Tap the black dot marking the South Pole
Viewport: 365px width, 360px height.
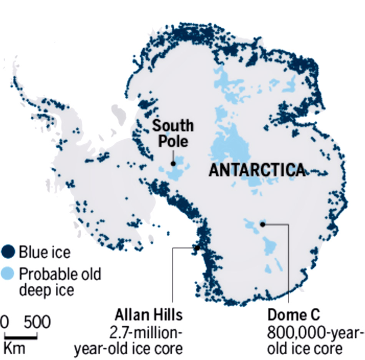(x=173, y=163)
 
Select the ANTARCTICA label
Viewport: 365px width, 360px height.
(x=257, y=170)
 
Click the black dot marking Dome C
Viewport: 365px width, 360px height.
(x=263, y=224)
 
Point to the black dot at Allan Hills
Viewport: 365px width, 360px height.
(x=197, y=248)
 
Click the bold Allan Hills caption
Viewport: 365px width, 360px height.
(x=148, y=315)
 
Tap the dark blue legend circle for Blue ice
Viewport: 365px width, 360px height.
(x=8, y=252)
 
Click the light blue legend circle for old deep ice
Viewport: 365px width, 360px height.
(x=8, y=274)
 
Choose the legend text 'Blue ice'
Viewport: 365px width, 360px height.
(x=45, y=253)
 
